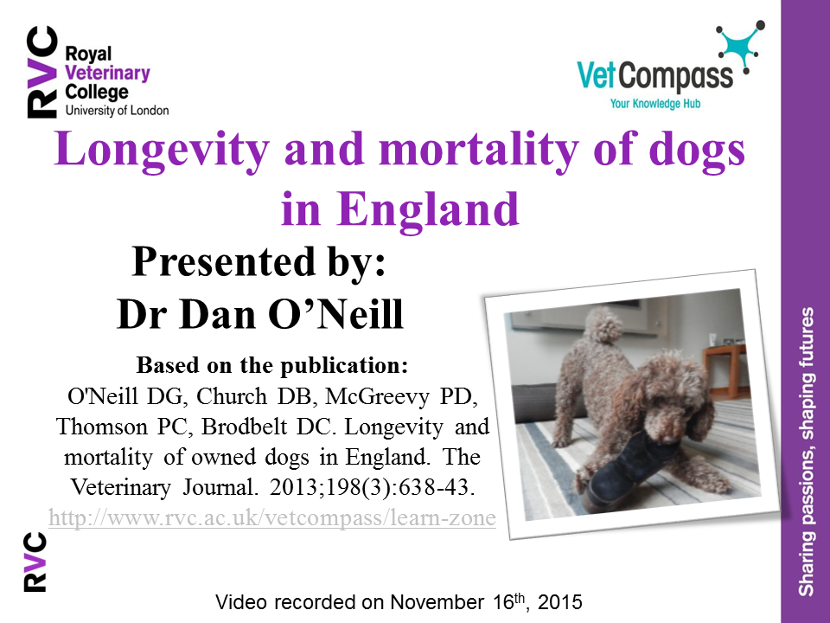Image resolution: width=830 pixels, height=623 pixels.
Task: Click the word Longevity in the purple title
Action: click(162, 151)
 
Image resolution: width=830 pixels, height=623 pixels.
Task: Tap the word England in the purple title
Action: click(427, 210)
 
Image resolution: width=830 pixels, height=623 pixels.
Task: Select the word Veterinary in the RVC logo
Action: click(107, 73)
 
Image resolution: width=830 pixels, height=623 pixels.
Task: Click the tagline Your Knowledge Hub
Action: click(654, 103)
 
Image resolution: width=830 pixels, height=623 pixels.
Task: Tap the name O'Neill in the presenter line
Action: click(335, 314)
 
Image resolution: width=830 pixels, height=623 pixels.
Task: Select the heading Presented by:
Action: click(259, 261)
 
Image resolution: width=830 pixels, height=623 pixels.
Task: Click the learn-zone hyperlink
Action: click(272, 517)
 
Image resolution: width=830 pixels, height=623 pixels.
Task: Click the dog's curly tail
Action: click(603, 324)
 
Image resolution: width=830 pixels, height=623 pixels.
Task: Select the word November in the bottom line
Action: click(437, 602)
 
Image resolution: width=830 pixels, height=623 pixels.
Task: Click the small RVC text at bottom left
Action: click(35, 562)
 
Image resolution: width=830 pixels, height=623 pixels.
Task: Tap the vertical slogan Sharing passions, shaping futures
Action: click(806, 452)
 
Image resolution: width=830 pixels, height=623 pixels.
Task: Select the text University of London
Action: click(117, 111)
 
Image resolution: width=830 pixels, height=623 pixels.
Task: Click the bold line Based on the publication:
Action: click(272, 365)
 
